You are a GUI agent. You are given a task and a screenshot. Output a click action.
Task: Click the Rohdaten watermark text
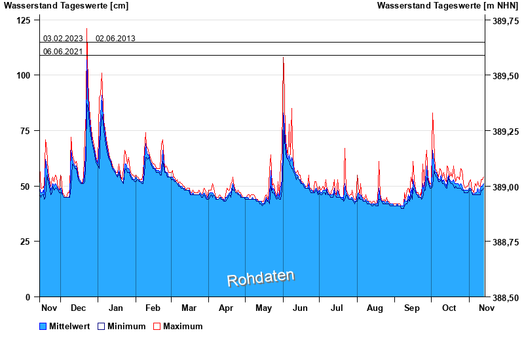pyautogui.click(x=261, y=278)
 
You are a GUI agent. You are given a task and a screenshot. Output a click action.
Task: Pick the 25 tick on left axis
pyautogui.click(x=25, y=242)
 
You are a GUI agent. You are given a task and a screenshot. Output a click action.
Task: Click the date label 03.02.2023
pyautogui.click(x=63, y=38)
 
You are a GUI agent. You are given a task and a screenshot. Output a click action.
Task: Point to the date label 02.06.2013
pyautogui.click(x=115, y=38)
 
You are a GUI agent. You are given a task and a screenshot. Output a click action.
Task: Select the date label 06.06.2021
pyautogui.click(x=63, y=51)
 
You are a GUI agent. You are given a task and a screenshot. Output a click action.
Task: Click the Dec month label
pyautogui.click(x=79, y=308)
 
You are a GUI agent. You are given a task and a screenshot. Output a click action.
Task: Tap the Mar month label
pyautogui.click(x=189, y=308)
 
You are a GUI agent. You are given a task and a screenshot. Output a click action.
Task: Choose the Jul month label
pyautogui.click(x=337, y=308)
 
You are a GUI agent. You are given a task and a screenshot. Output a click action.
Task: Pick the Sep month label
pyautogui.click(x=412, y=308)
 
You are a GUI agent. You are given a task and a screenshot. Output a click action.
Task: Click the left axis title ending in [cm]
pyautogui.click(x=66, y=6)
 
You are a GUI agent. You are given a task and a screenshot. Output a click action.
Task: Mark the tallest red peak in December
pyautogui.click(x=86, y=29)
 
